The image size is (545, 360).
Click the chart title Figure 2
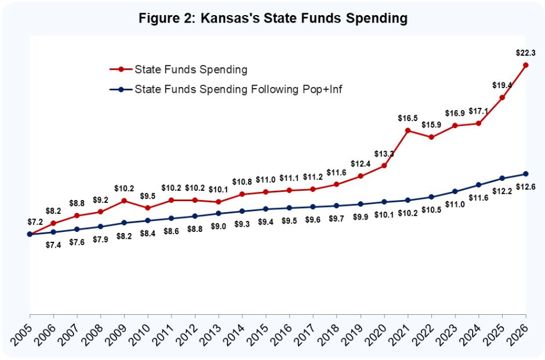tap(272, 19)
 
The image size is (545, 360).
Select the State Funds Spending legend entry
tap(191, 70)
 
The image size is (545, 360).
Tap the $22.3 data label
tap(525, 53)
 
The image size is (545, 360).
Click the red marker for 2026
tap(525, 65)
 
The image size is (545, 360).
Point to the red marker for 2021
tap(408, 130)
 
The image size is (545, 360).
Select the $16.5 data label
tap(408, 118)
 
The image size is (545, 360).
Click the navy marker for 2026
tap(525, 174)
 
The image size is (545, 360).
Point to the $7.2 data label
tap(35, 222)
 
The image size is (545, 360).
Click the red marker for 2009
tap(124, 201)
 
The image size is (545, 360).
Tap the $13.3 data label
tap(384, 154)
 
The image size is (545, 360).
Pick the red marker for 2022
tap(431, 137)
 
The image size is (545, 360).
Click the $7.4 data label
tap(53, 245)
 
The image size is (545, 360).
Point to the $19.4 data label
tap(502, 85)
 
